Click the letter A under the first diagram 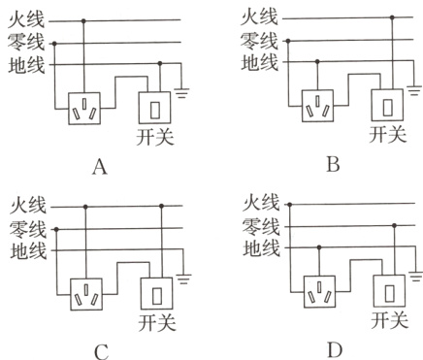(98, 168)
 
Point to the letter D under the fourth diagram (333, 347)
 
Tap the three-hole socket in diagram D (318, 288)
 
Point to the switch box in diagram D (389, 289)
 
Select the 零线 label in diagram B (258, 42)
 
